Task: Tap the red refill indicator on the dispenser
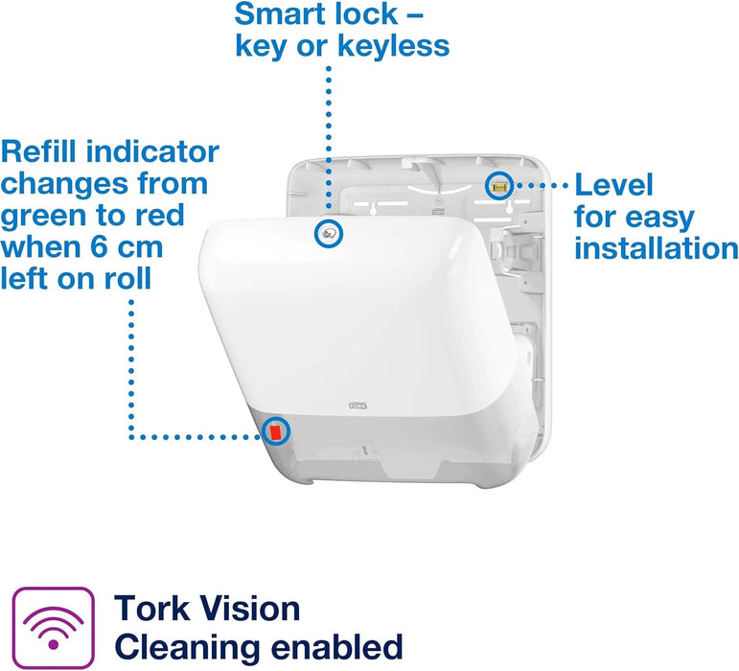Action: point(276,431)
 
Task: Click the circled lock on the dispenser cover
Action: point(329,233)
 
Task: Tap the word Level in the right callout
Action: point(613,185)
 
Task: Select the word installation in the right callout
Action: point(656,248)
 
